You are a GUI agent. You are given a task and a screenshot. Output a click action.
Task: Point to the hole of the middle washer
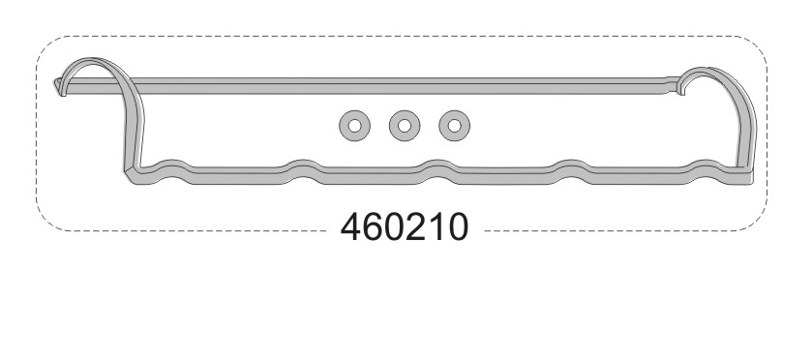[x=405, y=126]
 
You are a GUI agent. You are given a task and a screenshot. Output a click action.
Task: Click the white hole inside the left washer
[x=355, y=126]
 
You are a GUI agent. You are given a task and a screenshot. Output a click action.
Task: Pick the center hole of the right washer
[x=454, y=126]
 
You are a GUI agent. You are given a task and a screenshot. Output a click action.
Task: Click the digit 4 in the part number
[x=350, y=226]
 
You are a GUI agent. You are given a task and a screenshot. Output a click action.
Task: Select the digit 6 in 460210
[x=373, y=226]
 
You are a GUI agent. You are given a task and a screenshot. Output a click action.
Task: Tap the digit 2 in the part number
[x=415, y=226]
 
